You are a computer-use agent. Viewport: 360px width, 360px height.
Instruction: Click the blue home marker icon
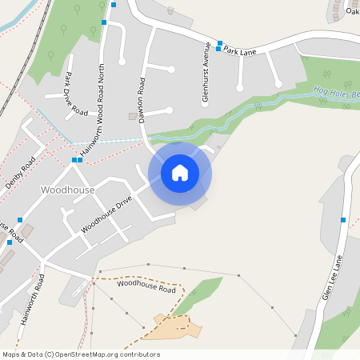180,172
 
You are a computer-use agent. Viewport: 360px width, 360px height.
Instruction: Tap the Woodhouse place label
66,190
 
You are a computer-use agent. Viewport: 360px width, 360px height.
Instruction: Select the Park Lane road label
239,50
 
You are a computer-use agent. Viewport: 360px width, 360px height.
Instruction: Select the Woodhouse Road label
146,285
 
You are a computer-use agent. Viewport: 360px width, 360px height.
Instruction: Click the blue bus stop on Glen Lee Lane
343,219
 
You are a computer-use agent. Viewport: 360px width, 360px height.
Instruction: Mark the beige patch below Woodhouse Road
172,326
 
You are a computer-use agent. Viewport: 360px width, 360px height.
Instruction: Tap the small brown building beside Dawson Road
133,116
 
